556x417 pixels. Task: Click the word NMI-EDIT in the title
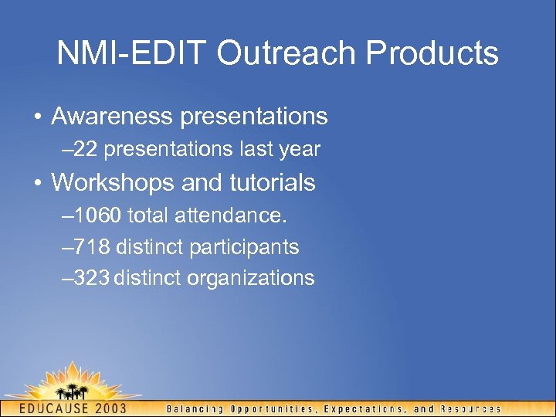[x=131, y=53]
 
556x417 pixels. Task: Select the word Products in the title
[x=432, y=53]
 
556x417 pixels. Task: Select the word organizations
[x=251, y=279]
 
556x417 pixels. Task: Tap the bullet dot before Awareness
[x=37, y=117]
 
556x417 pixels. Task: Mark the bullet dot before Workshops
[x=37, y=184]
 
